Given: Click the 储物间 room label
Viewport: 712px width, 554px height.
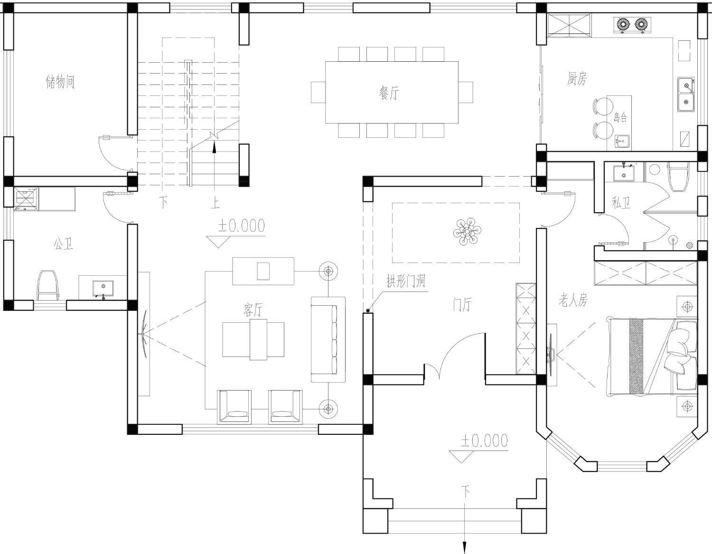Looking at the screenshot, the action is [x=60, y=82].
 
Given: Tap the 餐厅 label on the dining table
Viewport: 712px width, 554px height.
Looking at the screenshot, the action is [x=389, y=93].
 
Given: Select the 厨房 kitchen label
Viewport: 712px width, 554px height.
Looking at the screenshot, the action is [x=577, y=78].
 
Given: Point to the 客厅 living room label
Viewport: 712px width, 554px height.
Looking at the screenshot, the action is [x=253, y=310].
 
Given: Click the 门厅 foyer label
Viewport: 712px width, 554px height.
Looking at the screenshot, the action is [x=462, y=305].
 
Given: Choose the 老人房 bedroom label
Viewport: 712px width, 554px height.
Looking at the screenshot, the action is [x=573, y=300].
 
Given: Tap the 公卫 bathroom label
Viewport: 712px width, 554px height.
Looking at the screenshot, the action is [x=63, y=244].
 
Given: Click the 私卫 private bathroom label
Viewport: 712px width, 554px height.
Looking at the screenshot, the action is [x=621, y=202].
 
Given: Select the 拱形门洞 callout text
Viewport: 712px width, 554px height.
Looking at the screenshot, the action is [x=406, y=281].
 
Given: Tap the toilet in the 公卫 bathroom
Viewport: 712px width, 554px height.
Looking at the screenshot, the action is [x=48, y=285].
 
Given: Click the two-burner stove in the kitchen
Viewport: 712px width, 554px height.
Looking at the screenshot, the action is [x=632, y=25].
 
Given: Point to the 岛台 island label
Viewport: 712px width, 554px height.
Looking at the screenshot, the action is [x=620, y=117].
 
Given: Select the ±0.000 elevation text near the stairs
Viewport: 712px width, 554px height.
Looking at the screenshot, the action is [x=242, y=225].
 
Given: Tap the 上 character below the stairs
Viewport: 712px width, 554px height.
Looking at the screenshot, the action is [x=215, y=202].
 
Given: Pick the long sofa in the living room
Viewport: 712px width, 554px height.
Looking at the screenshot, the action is [x=328, y=339].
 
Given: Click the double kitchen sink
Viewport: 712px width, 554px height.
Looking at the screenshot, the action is [x=686, y=94].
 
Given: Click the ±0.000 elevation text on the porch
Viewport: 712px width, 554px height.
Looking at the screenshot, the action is [x=484, y=441].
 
